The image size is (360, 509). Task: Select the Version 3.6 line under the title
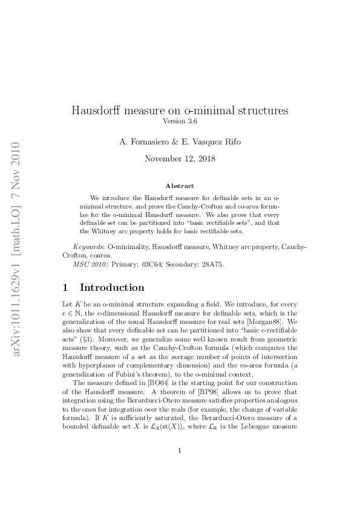[180, 122]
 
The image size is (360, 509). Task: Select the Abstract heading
[180, 186]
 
